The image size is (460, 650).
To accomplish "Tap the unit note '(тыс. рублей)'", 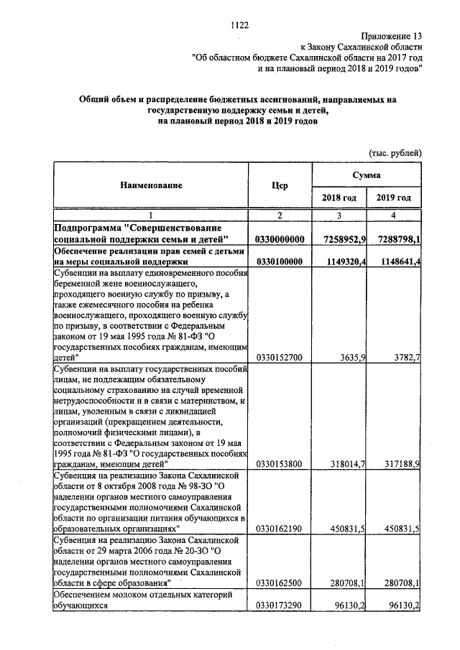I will coord(395,153).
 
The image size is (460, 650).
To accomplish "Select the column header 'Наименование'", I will coord(151,185).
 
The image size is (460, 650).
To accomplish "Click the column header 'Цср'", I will coord(280,185).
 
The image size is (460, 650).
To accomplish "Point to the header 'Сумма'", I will coord(366,175).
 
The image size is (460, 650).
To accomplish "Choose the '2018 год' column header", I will coord(338,198).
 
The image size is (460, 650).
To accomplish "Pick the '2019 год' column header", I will coord(394,198).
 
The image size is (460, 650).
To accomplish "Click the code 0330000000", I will coord(280,238).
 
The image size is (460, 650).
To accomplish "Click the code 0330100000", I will coord(280,261).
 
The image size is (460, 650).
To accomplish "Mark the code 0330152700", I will coord(280,356).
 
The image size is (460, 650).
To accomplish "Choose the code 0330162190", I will coord(280,529).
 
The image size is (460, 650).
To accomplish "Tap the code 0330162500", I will coord(280,583).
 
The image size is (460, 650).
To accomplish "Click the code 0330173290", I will coord(280,605).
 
